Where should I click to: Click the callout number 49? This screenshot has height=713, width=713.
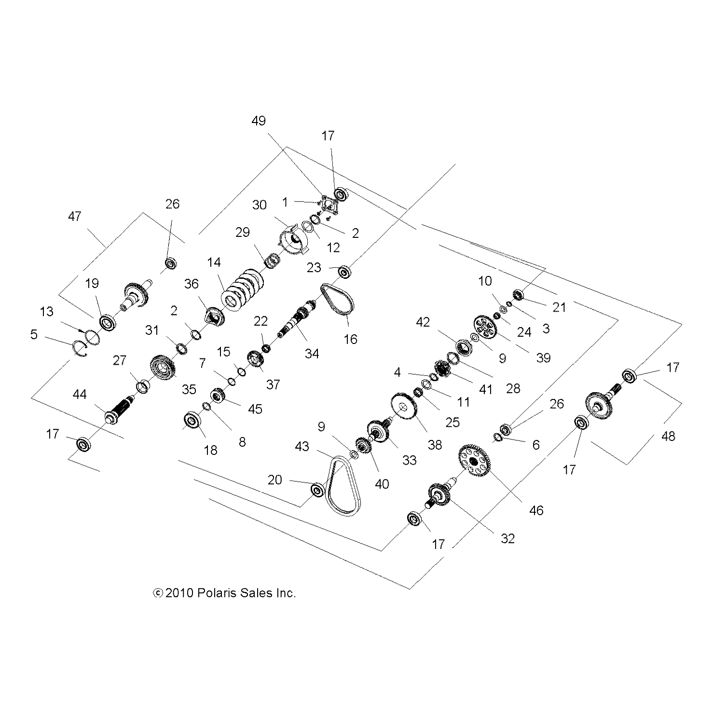(259, 121)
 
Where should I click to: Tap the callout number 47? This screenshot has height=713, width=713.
(75, 217)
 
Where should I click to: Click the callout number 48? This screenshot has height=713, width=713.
(668, 436)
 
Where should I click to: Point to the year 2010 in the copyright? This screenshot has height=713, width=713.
(179, 593)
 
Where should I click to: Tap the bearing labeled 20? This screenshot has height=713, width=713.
(318, 491)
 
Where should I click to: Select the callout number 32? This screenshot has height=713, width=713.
(507, 538)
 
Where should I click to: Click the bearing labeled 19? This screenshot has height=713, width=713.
(108, 322)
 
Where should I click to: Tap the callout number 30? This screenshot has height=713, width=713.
(260, 205)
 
